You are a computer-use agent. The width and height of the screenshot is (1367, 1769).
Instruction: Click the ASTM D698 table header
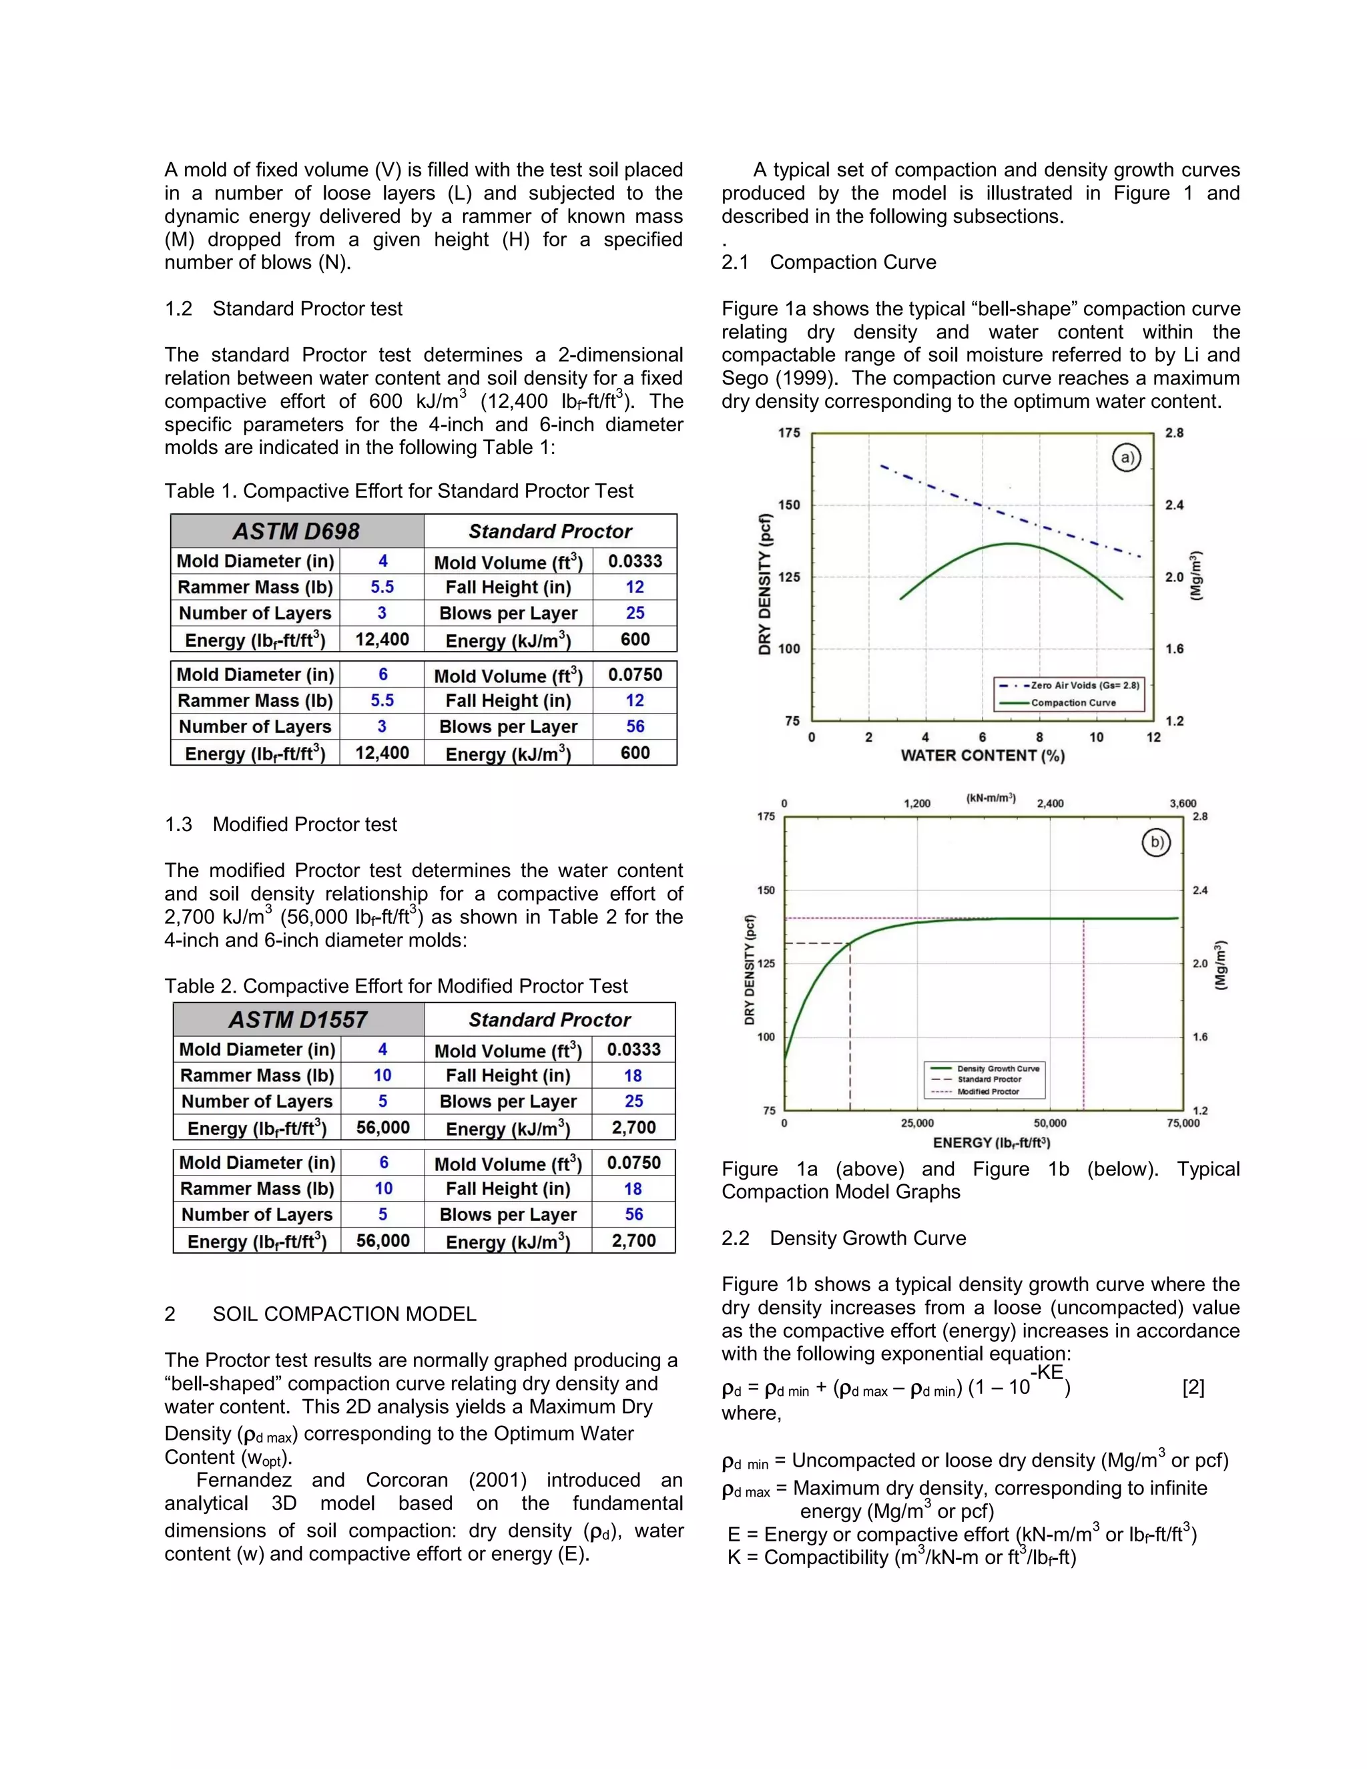(x=296, y=531)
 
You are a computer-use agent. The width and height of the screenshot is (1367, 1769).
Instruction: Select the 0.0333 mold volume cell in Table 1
(x=635, y=561)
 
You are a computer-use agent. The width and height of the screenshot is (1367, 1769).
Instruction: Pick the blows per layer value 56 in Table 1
(x=635, y=726)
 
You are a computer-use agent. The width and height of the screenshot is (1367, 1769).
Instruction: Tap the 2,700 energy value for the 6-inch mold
(x=633, y=1241)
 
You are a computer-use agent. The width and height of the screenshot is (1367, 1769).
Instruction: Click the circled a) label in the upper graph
(x=1125, y=458)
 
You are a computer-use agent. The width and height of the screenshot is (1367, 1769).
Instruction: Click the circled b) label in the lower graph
(x=1155, y=842)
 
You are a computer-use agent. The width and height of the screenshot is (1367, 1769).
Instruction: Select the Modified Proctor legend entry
(x=987, y=1092)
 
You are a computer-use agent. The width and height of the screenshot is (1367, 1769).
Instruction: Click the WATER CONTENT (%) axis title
(x=983, y=756)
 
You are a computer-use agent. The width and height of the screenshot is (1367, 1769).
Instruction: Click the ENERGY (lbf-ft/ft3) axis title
(x=991, y=1143)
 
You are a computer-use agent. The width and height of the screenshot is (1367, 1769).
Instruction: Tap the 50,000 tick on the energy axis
(x=1051, y=1123)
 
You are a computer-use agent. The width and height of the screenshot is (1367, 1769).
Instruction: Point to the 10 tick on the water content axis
(x=1096, y=737)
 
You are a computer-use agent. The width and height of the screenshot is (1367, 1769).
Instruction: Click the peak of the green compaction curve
(x=1011, y=543)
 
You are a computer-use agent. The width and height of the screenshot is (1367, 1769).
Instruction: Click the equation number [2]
(x=1193, y=1388)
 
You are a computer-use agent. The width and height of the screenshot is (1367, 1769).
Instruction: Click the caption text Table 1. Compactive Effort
(x=398, y=491)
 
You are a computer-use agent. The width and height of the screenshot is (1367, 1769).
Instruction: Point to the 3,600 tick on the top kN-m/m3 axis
(x=1182, y=804)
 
